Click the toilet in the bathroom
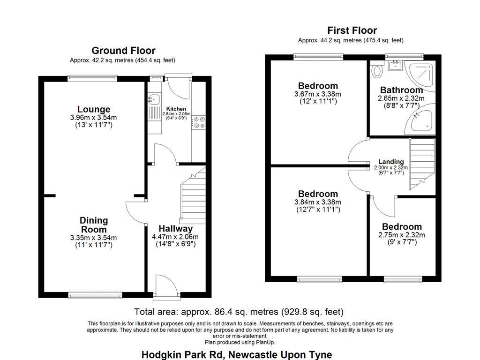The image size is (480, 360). (376, 71)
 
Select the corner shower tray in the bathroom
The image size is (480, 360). (422, 73)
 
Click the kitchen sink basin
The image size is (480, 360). (152, 99)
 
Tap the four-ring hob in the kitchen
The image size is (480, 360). (198, 122)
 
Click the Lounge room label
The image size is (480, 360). (94, 109)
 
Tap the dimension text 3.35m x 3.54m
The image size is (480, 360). (94, 238)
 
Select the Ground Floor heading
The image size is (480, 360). (123, 51)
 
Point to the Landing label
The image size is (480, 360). (391, 162)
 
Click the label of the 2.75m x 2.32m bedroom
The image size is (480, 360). (402, 227)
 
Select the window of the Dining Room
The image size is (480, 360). (95, 295)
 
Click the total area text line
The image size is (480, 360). (239, 312)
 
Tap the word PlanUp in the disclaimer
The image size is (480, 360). (266, 342)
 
